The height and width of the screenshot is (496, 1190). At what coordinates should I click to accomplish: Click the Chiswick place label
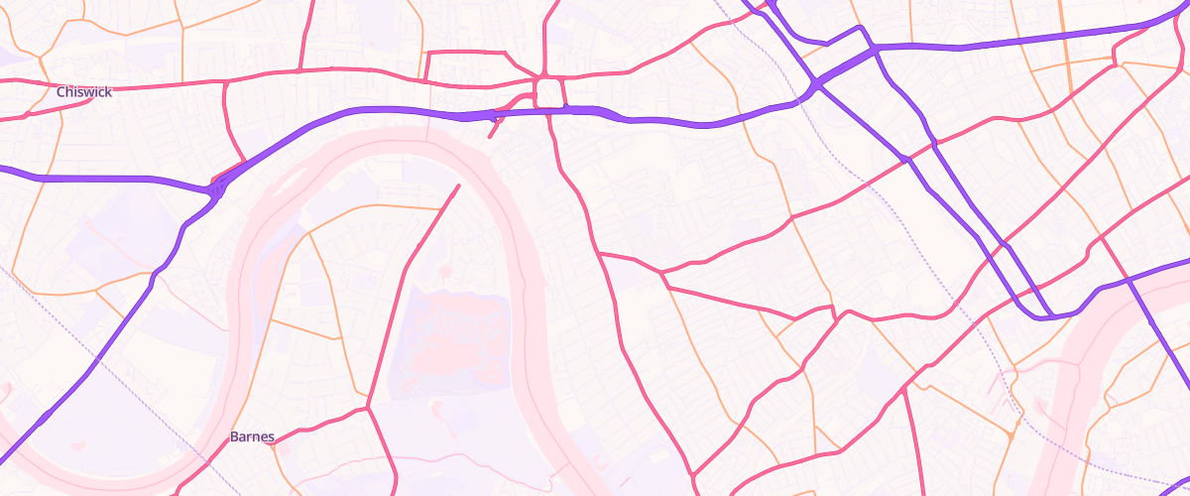coord(84,91)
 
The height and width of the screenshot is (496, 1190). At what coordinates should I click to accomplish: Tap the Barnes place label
coord(252,436)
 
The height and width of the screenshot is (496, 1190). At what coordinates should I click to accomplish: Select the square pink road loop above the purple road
coord(548,94)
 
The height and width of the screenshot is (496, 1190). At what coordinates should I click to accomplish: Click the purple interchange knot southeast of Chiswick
coord(216,186)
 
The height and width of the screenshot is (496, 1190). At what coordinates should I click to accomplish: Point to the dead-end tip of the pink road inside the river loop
coord(458,186)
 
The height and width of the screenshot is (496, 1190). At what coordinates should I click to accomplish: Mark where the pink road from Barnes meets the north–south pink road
coord(369,407)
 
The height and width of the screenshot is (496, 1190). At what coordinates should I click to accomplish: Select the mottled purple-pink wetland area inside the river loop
coord(461,337)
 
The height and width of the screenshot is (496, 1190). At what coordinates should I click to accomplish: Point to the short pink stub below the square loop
coord(494,126)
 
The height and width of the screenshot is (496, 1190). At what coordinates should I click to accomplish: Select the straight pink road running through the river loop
coord(397,298)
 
